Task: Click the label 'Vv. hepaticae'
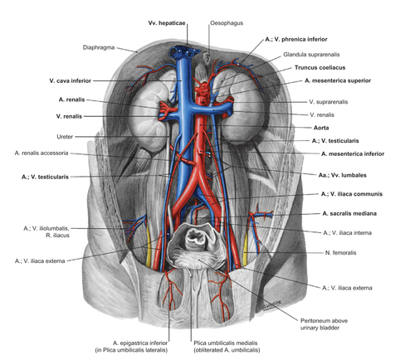[x=167, y=23]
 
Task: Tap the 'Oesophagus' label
[x=227, y=23]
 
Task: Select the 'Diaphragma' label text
[x=99, y=47]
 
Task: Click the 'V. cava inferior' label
[x=71, y=80]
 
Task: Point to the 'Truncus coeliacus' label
[x=320, y=67]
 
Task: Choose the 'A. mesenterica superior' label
[x=338, y=80]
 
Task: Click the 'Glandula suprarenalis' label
[x=311, y=55]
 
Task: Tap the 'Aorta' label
[x=321, y=128]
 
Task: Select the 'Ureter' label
[x=65, y=137]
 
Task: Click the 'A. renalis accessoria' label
[x=41, y=153]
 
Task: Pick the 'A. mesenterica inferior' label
[x=353, y=153]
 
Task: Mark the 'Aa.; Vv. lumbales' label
[x=342, y=175]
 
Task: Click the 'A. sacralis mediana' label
[x=349, y=213]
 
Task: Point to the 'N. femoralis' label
[x=340, y=252]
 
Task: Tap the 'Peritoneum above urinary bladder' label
[x=324, y=324]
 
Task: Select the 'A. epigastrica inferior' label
[x=140, y=343]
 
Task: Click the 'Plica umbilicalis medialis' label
[x=226, y=343]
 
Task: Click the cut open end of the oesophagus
[x=207, y=58]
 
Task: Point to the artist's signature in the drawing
[x=272, y=304]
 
